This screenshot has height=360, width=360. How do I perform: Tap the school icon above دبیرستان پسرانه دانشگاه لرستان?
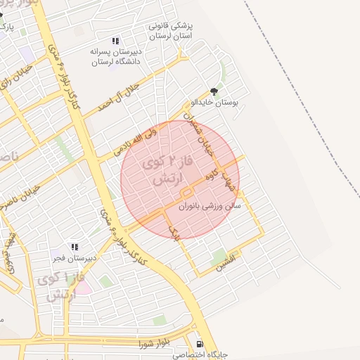(x=115, y=41)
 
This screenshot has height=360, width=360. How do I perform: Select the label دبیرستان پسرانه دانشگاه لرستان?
(x=115, y=56)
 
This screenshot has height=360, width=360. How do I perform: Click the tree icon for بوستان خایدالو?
(x=214, y=91)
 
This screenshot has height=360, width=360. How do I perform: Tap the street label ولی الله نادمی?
(x=136, y=140)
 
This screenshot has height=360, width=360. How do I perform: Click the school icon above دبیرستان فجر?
(x=75, y=247)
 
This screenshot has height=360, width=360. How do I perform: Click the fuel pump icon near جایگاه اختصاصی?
(x=201, y=344)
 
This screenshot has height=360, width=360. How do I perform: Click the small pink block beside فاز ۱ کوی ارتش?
(x=84, y=287)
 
